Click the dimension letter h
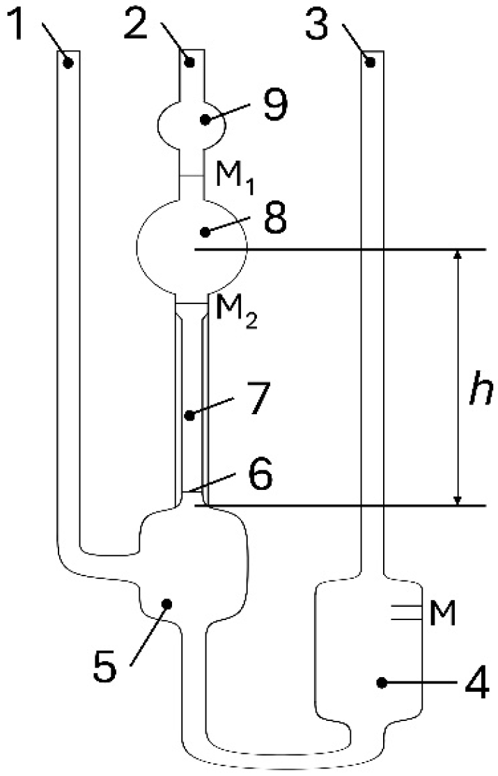476,393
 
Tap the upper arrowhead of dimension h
458,256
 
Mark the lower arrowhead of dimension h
458,499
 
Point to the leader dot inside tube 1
68,63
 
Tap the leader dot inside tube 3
371,63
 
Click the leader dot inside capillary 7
189,416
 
